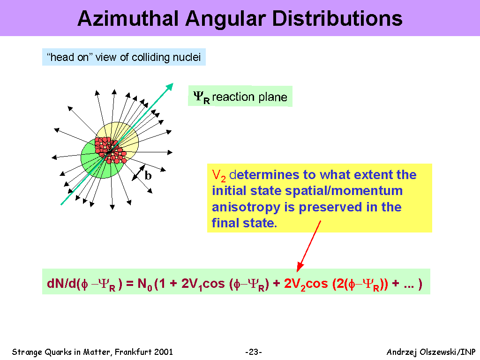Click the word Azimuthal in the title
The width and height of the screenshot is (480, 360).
tap(128, 19)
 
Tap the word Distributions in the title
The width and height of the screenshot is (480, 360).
tap(337, 19)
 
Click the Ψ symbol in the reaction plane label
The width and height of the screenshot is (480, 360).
tap(198, 96)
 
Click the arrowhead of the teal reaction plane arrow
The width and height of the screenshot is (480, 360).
tap(170, 87)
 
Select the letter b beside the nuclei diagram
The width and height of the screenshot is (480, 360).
tap(148, 175)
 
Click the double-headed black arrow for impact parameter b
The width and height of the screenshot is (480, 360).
tap(138, 173)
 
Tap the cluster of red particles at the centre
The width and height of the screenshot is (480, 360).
tap(110, 150)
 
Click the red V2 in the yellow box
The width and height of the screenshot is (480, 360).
tap(218, 176)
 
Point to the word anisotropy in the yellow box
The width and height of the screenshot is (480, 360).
tap(246, 207)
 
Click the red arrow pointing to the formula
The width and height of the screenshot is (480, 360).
tap(309, 246)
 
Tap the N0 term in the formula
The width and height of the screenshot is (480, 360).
tap(145, 284)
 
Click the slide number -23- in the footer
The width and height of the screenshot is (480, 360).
tap(254, 352)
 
